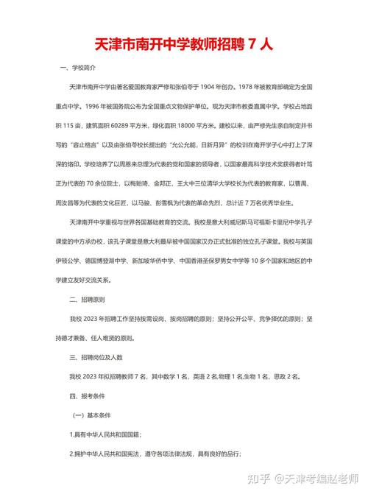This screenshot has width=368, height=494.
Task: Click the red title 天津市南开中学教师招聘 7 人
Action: coord(184,44)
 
